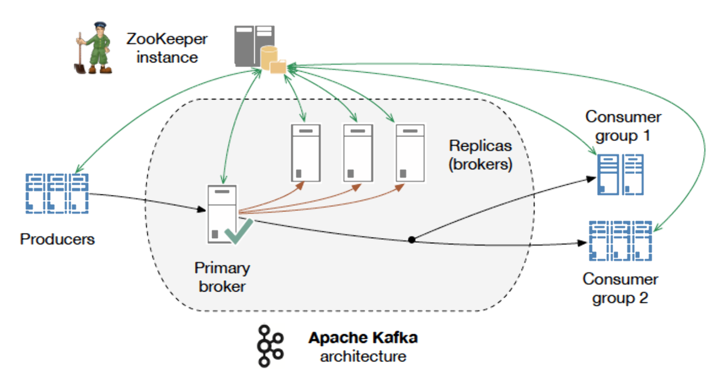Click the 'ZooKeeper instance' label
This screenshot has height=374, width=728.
pos(167,48)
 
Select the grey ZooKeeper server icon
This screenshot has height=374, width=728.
pos(254,46)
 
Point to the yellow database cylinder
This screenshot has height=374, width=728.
pos(268,57)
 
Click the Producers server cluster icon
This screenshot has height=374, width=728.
pos(57,193)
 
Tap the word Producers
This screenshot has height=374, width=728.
pos(57,239)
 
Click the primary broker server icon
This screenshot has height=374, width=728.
pos(222,214)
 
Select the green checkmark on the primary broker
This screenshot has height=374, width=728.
pos(239,231)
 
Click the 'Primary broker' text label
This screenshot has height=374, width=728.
pos(222,277)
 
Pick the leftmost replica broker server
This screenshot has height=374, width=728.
pos(306,153)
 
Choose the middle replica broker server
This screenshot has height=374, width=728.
pos(358,153)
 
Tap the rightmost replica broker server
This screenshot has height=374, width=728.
pos(411,153)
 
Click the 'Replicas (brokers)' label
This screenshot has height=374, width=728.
pos(481,155)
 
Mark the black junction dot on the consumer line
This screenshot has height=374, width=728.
pos(412,240)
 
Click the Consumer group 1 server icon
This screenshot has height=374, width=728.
pos(621,174)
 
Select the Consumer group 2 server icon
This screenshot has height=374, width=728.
pos(621,241)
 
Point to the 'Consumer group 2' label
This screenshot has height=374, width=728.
pos(620,288)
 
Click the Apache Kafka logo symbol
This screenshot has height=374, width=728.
pos(270,346)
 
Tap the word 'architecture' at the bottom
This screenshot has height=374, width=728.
pos(363,356)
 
